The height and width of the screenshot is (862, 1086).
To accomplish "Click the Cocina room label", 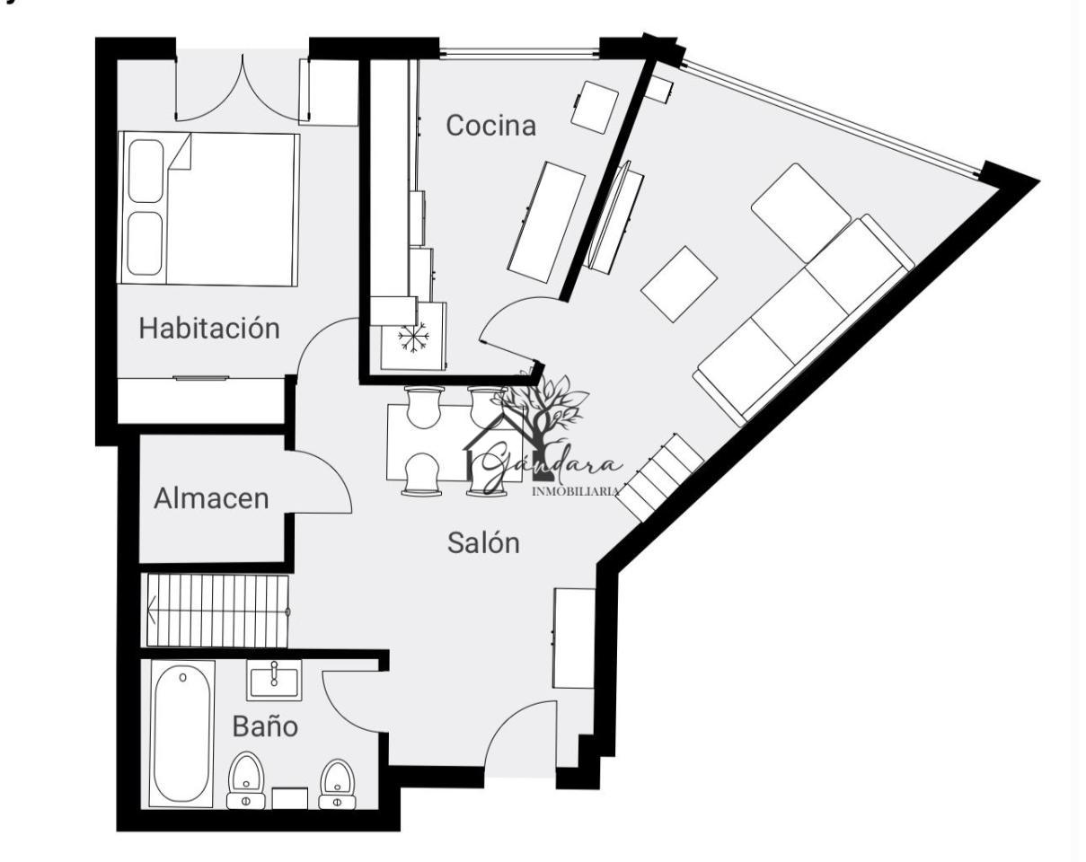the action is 490,126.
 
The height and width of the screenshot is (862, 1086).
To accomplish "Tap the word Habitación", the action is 209,328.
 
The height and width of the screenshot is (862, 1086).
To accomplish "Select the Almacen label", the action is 211,498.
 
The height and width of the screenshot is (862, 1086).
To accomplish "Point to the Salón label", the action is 483,543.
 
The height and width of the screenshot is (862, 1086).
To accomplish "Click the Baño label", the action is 265,726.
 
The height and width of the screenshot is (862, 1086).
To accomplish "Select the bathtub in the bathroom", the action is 181,734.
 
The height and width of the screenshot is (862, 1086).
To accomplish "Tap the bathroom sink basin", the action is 274,681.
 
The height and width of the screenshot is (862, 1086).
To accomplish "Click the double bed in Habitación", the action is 208,209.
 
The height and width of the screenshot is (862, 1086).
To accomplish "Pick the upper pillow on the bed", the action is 146,171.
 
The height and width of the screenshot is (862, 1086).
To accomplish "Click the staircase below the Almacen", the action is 218,611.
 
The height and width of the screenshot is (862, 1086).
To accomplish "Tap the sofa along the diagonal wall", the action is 803,321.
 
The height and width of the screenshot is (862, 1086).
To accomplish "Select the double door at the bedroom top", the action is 242,89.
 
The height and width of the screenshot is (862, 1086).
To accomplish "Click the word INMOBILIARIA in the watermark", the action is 576,491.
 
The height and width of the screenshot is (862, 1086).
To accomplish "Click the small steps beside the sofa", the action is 661,477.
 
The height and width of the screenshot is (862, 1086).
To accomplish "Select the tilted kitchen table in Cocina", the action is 546,222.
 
